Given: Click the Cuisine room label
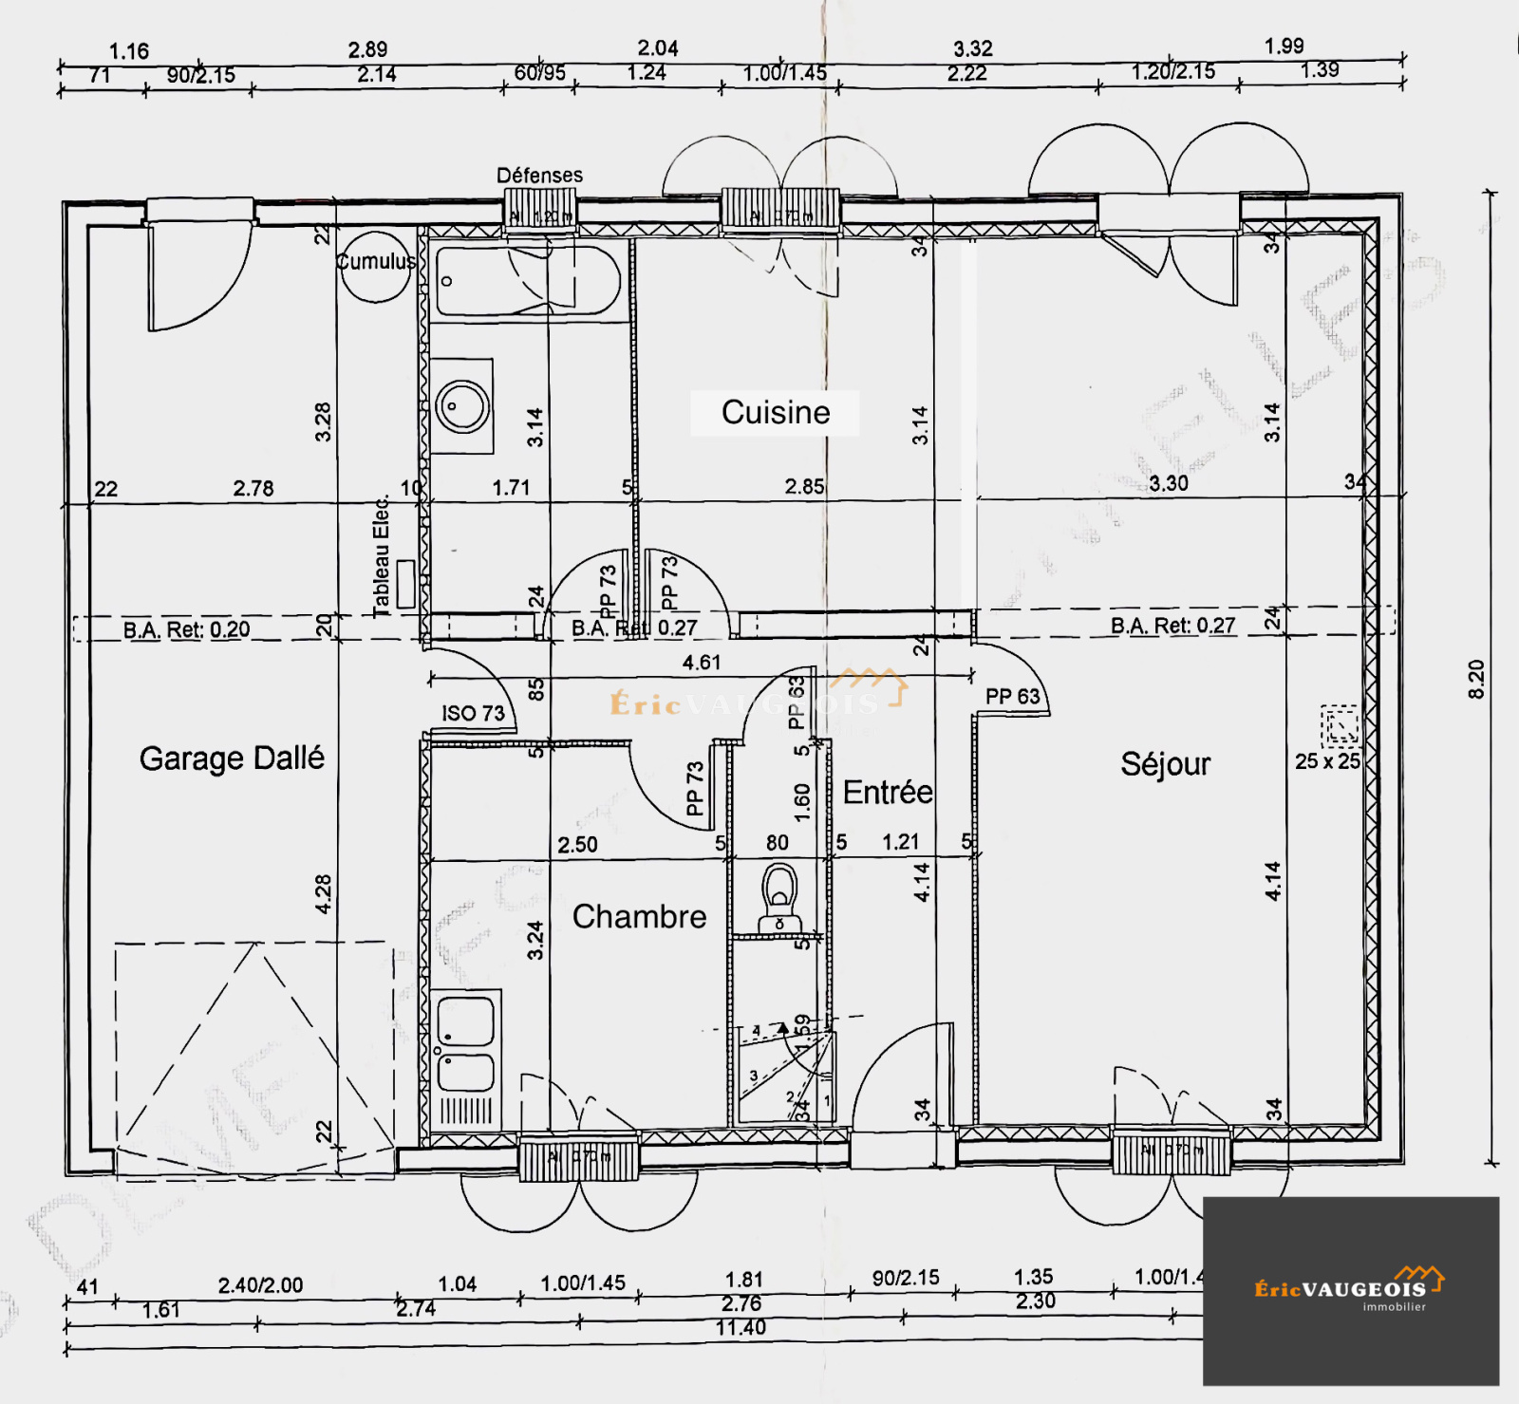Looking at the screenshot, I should [x=775, y=413].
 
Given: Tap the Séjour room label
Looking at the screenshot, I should [x=1165, y=764].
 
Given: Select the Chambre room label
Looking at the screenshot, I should [x=639, y=917].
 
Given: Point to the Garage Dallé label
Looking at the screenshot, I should [x=232, y=758].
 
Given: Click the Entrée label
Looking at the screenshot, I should [x=887, y=793].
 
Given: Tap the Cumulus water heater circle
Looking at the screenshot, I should [x=375, y=267].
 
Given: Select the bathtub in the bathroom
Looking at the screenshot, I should [x=527, y=281].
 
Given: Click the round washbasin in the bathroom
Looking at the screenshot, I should [x=462, y=406].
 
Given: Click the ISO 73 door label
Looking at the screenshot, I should [x=473, y=714].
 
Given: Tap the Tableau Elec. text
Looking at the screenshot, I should [x=382, y=557].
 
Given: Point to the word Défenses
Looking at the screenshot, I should [x=539, y=176].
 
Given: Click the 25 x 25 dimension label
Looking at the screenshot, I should [x=1327, y=761].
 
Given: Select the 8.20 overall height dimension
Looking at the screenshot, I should [x=1476, y=680].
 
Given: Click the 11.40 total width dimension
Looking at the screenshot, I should [x=741, y=1328].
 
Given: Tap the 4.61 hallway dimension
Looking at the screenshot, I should [x=702, y=663].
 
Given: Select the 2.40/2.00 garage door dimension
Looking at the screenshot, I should [x=260, y=1285].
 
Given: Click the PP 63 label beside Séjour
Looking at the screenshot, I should [x=1012, y=697].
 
